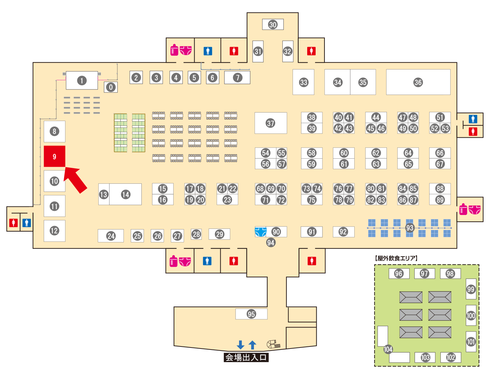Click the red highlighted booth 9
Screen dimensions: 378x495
pyautogui.click(x=54, y=156)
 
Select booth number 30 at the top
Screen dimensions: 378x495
pyautogui.click(x=273, y=24)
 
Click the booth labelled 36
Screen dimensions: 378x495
pyautogui.click(x=418, y=82)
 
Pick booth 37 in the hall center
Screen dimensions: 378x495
pyautogui.click(x=271, y=123)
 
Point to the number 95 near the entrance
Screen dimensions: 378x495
pyautogui.click(x=251, y=314)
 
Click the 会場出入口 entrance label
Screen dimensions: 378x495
pyautogui.click(x=246, y=357)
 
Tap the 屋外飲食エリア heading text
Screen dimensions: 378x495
pyautogui.click(x=396, y=258)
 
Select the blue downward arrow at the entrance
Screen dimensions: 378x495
pyautogui.click(x=240, y=345)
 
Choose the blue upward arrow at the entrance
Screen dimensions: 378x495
pyautogui.click(x=252, y=345)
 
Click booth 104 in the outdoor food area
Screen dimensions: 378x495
pyautogui.click(x=388, y=349)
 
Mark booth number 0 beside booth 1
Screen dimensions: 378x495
pyautogui.click(x=111, y=87)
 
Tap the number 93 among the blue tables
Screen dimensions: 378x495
pyautogui.click(x=410, y=228)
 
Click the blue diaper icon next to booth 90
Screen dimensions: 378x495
pyautogui.click(x=260, y=232)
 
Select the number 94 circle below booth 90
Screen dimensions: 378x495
pyautogui.click(x=271, y=242)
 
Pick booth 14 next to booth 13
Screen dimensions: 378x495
pyautogui.click(x=125, y=194)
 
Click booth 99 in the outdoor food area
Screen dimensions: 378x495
pyautogui.click(x=471, y=289)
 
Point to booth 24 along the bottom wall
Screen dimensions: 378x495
pyautogui.click(x=111, y=236)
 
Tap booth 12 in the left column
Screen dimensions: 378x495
pyautogui.click(x=54, y=231)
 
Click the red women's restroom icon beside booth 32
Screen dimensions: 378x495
pyautogui.click(x=311, y=51)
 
